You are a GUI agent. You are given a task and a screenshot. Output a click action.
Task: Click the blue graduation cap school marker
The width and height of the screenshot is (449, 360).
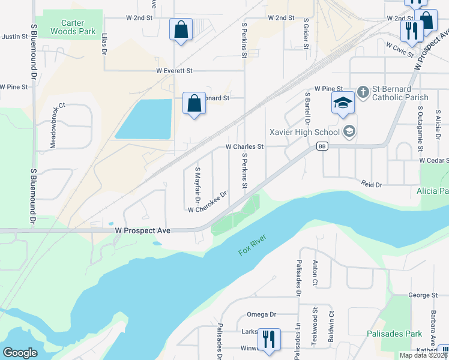pyautogui.click(x=343, y=103)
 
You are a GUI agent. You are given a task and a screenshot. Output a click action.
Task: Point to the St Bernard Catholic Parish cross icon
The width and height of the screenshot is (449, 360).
pyautogui.click(x=363, y=92)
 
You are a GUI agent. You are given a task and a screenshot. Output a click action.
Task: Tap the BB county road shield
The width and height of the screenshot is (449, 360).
pyautogui.click(x=322, y=146)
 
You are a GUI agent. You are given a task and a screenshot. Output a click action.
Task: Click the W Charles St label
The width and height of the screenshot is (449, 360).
pyautogui.click(x=244, y=146)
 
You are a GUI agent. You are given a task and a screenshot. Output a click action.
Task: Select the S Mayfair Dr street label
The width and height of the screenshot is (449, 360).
pyautogui.click(x=197, y=184)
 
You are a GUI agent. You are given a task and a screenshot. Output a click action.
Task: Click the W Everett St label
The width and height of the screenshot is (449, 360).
pyautogui.click(x=174, y=71)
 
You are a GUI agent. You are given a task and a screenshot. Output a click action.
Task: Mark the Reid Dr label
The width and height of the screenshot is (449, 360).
pyautogui.click(x=371, y=185)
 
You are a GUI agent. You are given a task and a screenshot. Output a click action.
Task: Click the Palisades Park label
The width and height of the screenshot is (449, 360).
pyautogui.click(x=394, y=334)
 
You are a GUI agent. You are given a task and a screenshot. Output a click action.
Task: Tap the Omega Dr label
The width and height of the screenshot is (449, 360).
pyautogui.click(x=261, y=314)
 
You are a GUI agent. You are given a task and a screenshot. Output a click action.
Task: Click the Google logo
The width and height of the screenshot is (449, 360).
pyautogui.click(x=20, y=353)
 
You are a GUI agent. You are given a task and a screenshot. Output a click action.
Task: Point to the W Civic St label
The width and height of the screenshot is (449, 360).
pyautogui.click(x=400, y=49)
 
